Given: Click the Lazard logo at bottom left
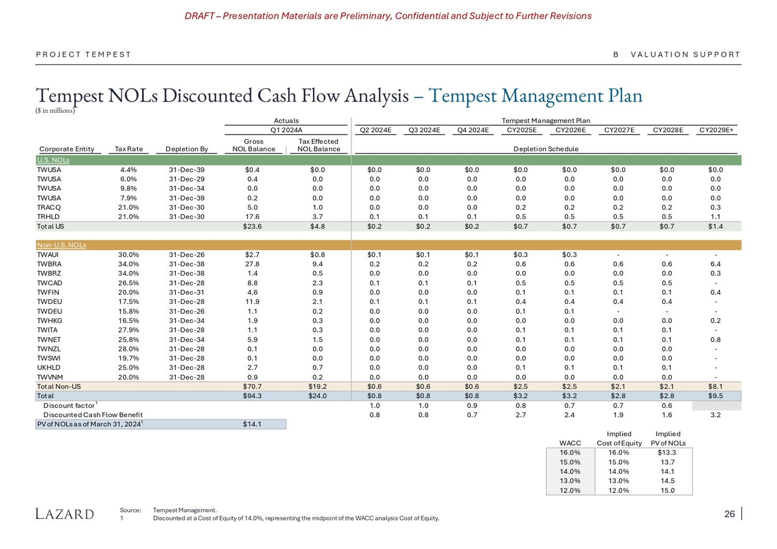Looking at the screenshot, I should tap(65, 514).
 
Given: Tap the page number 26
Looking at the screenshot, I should tap(729, 514).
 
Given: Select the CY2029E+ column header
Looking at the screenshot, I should tap(716, 130).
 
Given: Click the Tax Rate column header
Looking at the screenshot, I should tap(128, 149).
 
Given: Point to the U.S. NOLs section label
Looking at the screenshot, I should tap(53, 160).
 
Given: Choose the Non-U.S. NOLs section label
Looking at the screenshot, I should tap(61, 245).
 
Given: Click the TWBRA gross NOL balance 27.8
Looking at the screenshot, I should tap(252, 264).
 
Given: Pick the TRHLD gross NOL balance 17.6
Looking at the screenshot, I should tap(252, 217).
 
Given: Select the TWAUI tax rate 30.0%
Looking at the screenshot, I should tap(128, 255).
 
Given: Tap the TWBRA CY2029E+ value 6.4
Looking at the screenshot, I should tap(715, 264).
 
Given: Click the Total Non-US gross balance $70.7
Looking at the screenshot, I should tap(252, 386).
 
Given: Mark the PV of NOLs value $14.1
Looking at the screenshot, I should tap(252, 424).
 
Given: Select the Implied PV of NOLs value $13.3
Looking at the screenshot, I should tap(667, 453).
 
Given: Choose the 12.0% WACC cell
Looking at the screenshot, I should tap(570, 490).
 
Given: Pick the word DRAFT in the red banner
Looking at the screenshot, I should tap(199, 16).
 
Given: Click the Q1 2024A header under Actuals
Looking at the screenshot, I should tap(286, 130).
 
